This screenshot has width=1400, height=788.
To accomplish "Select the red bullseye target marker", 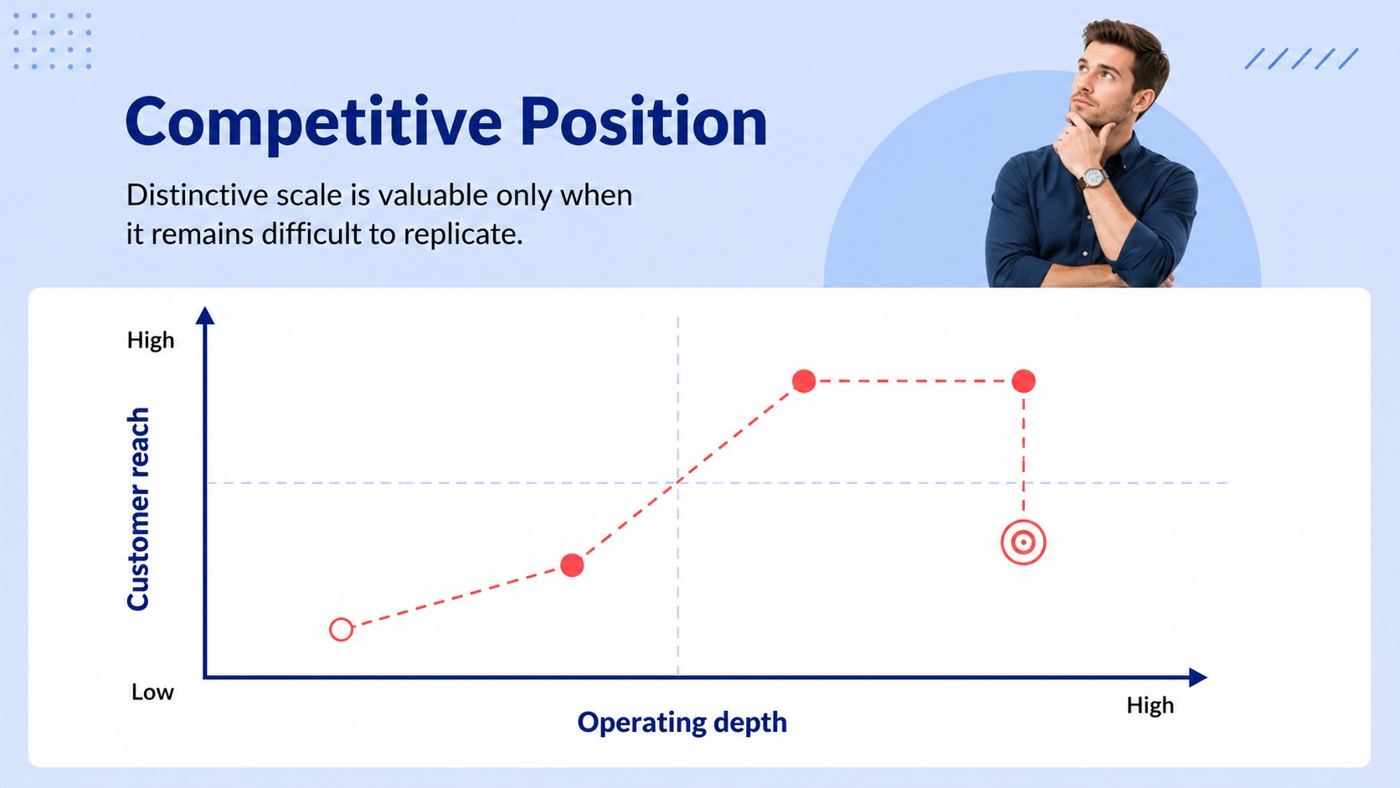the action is click(1023, 543).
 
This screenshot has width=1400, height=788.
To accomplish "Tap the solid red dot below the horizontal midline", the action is click(572, 565).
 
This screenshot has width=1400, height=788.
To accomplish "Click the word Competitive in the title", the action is click(314, 122).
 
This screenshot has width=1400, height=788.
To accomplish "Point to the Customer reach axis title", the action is click(138, 508).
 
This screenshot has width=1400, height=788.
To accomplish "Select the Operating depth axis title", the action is click(682, 723).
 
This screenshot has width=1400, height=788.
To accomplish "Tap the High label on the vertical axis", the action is click(151, 340).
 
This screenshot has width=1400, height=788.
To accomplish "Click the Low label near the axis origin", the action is click(152, 693).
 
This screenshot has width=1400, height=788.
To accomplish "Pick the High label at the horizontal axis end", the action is click(1150, 705).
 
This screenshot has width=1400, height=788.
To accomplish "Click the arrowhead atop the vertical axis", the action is click(205, 316).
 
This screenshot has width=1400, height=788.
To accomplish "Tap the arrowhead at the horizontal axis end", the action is click(1197, 677).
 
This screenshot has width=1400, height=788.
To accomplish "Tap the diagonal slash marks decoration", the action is click(1301, 59).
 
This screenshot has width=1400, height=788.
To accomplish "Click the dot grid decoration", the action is click(53, 41).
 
